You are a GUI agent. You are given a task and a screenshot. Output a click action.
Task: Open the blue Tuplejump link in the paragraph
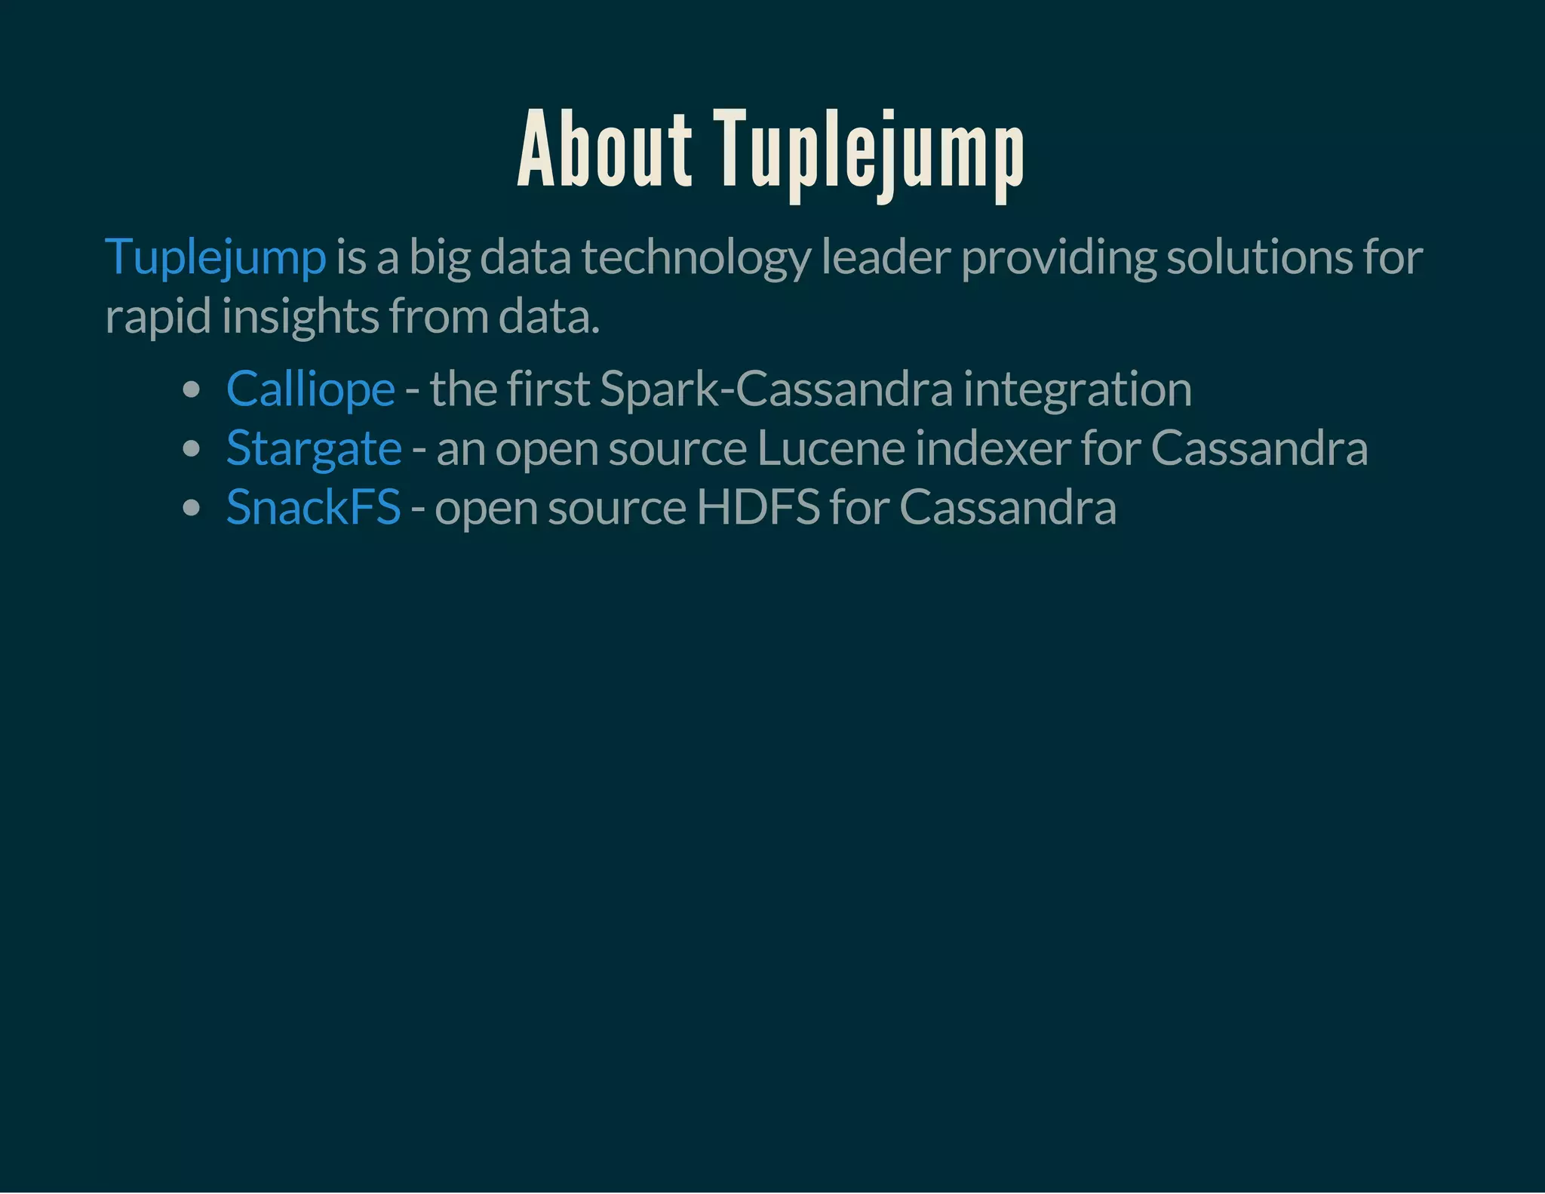(216, 257)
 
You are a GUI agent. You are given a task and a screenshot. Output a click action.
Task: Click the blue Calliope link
(310, 389)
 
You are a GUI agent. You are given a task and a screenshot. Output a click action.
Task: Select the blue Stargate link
(314, 448)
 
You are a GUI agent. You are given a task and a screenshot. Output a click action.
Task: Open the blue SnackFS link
(313, 507)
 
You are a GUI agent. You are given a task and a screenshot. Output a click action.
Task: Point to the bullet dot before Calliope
(192, 390)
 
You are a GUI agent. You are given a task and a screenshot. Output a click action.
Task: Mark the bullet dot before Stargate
(192, 449)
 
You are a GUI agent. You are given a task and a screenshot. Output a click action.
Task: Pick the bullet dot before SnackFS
(192, 508)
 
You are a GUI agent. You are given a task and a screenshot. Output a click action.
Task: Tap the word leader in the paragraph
(886, 257)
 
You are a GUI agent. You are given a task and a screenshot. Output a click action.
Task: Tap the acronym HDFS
(757, 507)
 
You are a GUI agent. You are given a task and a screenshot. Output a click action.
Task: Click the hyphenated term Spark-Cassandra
(776, 389)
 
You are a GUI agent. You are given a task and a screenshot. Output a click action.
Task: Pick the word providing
(1059, 258)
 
